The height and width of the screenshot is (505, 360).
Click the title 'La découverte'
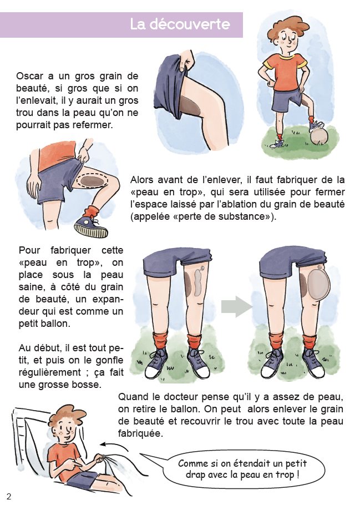click(x=180, y=24)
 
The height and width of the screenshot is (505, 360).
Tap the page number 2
click(x=9, y=496)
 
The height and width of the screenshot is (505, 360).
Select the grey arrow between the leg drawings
click(x=237, y=306)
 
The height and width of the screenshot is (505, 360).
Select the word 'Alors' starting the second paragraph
click(x=141, y=179)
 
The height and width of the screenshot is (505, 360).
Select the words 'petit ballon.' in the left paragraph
click(x=44, y=324)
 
